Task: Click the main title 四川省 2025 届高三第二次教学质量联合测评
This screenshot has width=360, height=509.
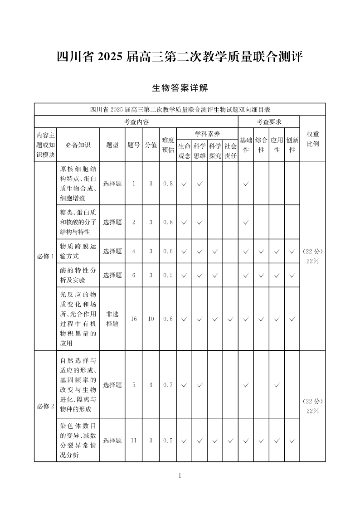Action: tap(180, 57)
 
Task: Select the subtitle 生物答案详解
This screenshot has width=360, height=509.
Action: tap(180, 88)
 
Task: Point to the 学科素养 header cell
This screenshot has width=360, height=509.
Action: tap(207, 134)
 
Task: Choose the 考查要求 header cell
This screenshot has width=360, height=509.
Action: tap(269, 122)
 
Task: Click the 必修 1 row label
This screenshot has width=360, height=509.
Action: tap(45, 256)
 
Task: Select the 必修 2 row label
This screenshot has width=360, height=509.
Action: tap(45, 406)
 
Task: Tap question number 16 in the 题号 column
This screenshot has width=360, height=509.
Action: tap(134, 319)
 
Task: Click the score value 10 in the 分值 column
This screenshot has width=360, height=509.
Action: tap(151, 319)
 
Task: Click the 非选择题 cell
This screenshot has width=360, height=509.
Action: tap(112, 319)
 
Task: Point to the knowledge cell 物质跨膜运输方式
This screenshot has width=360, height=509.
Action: tap(78, 251)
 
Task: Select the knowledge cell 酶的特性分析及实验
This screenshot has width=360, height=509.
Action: tap(78, 275)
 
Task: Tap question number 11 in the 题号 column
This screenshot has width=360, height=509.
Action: tap(134, 440)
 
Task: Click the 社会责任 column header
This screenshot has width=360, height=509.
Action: tap(230, 151)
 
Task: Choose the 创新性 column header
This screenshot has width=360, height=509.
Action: tap(292, 145)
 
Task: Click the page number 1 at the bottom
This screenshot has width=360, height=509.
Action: tap(180, 475)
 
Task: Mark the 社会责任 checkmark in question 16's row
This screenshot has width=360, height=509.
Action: tap(230, 319)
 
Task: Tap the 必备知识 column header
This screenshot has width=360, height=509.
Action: tap(78, 145)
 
